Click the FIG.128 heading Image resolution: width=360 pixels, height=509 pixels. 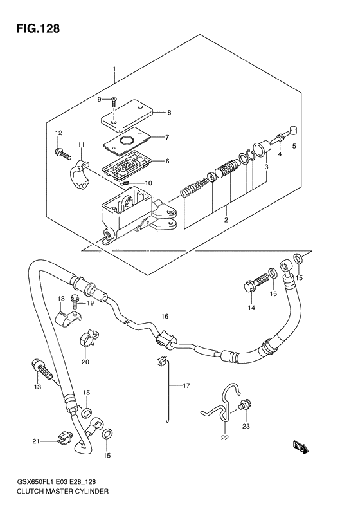click(x=38, y=28)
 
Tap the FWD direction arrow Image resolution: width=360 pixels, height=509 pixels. click(x=301, y=448)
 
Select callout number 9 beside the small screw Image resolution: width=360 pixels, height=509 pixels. click(x=99, y=100)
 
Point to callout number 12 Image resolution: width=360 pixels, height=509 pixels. click(x=59, y=133)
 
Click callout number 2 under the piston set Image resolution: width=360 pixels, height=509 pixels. click(x=226, y=220)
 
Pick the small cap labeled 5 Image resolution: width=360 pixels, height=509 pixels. click(x=293, y=130)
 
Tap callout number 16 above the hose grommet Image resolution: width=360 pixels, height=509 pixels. click(x=165, y=316)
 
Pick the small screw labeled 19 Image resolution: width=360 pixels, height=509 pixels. click(x=75, y=301)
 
